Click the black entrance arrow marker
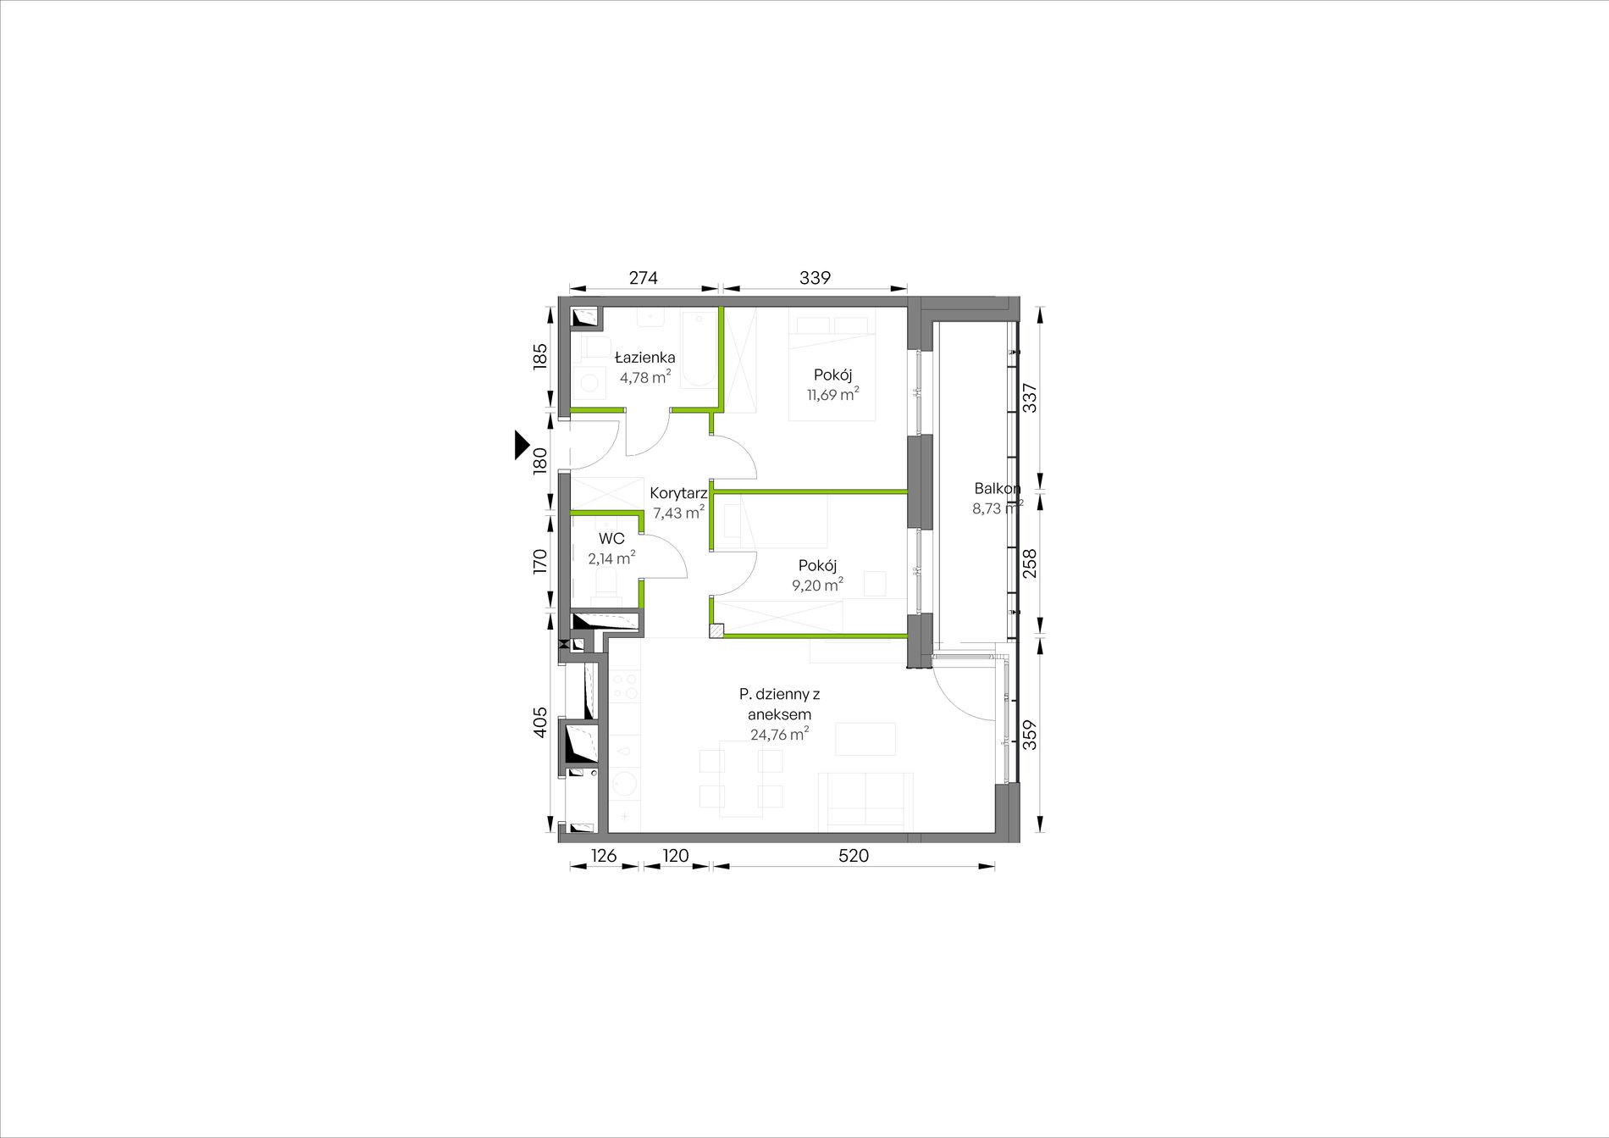(522, 445)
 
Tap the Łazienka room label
(645, 357)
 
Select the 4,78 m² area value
(645, 377)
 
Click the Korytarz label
(678, 493)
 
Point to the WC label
(611, 539)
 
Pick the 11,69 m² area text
(833, 394)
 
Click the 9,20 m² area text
(817, 585)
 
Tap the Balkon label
(997, 488)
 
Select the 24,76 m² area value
(779, 734)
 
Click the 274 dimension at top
(644, 277)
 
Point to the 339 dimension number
(816, 277)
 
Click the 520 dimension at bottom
(854, 856)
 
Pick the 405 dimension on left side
(541, 723)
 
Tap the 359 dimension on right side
(1030, 735)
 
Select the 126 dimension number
(603, 856)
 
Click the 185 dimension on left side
(541, 356)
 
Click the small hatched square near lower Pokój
(717, 630)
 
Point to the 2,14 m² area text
(611, 558)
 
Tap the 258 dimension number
(1030, 563)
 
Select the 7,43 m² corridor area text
(678, 513)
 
